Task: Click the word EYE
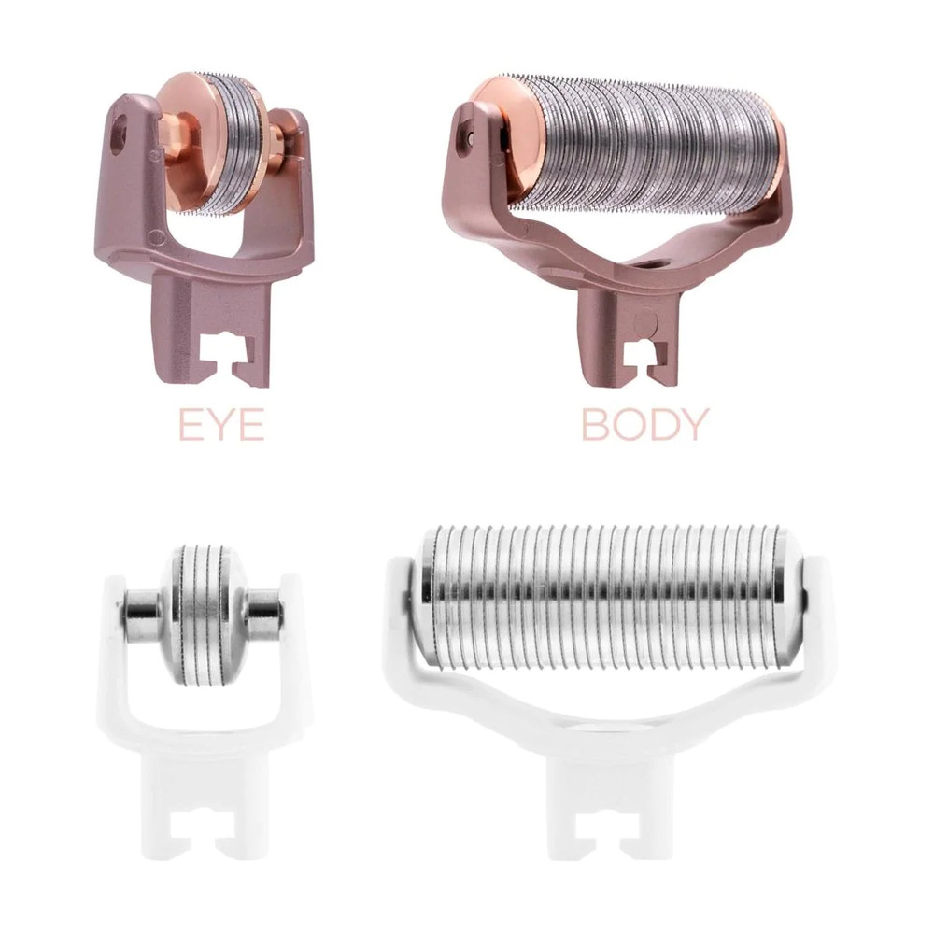221,424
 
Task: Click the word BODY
644,424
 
